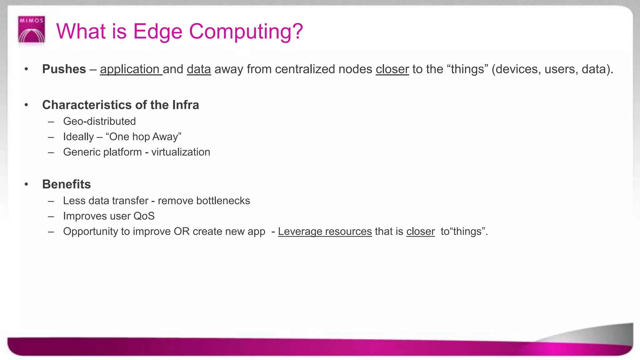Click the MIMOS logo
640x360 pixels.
[x=31, y=29]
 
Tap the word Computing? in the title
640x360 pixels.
[x=246, y=32]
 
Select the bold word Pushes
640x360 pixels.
[x=64, y=69]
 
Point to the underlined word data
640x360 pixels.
[x=199, y=69]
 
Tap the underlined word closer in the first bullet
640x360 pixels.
[x=392, y=69]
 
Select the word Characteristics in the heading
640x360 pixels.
[x=87, y=105]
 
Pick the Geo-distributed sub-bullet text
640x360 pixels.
[x=99, y=121]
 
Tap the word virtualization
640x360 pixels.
[x=181, y=152]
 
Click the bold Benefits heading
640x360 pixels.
[x=67, y=184]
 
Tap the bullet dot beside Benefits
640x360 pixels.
[x=27, y=184]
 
